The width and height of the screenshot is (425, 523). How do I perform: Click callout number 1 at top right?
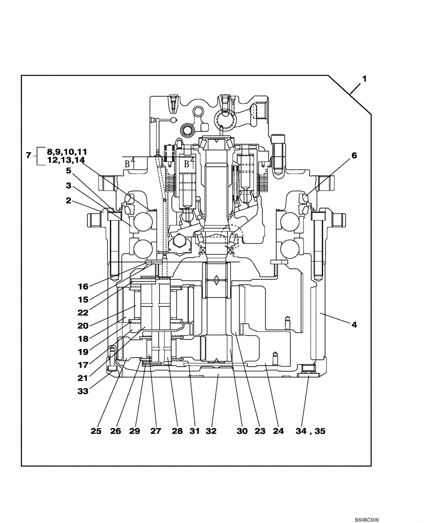[364, 78]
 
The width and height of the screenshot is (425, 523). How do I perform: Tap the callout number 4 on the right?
[354, 324]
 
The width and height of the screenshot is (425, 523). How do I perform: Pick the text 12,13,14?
[66, 160]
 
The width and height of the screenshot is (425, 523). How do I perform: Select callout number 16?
[83, 287]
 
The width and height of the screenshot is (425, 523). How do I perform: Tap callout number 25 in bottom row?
[96, 431]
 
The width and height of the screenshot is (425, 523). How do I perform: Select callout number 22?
[83, 313]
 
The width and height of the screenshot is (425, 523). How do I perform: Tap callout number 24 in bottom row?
[278, 431]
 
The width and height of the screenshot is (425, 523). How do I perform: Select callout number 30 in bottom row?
[241, 431]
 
